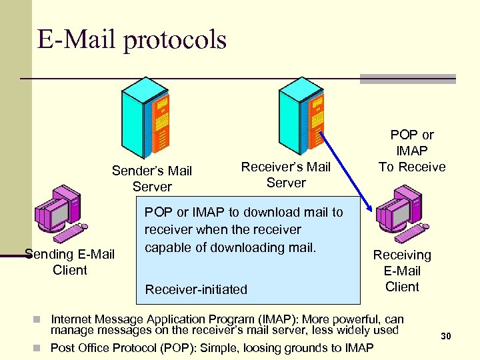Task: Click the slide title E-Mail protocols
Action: coord(132,41)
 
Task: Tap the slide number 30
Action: coord(445,337)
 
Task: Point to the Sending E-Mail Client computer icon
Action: coord(60,211)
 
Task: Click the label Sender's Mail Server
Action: coord(152,179)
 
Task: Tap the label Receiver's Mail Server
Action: coord(285,175)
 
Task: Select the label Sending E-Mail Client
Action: coord(69,262)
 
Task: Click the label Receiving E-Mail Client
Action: coord(402,271)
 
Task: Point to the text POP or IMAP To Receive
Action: coord(412,151)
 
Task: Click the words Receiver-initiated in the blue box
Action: coord(196,289)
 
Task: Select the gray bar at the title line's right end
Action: coord(407,79)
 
